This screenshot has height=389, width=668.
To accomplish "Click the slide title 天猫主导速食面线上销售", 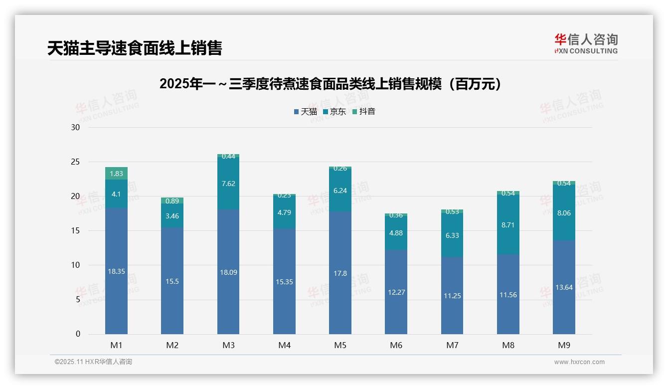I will coord(135,48).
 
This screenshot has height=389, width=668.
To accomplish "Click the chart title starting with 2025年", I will coord(330,84).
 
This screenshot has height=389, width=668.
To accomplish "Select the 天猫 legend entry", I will coord(305,112).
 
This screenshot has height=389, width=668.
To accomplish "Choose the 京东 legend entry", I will coord(334,112).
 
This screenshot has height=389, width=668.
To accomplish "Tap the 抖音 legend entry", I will coord(363,112).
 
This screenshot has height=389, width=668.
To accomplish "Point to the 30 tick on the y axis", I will coord(75,127).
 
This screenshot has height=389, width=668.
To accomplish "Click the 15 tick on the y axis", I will coord(75,230).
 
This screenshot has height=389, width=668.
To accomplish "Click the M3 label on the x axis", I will coord(228,345).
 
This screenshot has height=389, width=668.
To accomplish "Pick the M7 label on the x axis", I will coord(452,345).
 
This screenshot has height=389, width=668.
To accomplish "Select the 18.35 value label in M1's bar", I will coord(116,271).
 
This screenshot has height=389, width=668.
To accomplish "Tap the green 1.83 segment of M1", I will coord(116,174).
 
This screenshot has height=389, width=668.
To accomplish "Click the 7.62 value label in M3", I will coord(228,184).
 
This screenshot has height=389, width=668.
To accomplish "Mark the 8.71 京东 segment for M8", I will coord(508,225).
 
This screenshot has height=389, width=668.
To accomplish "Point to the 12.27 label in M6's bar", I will coord(396,292).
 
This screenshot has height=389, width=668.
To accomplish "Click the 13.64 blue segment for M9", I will coord(564,287).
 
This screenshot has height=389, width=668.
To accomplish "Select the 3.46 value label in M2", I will coord(172,216).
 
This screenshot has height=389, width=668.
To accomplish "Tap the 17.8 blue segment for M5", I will coord(340,273).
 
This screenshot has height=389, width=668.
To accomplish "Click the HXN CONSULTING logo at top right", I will coord(586,44).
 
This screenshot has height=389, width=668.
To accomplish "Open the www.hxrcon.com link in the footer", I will coord(579,362).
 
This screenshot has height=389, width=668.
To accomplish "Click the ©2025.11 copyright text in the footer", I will coord(93,362).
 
